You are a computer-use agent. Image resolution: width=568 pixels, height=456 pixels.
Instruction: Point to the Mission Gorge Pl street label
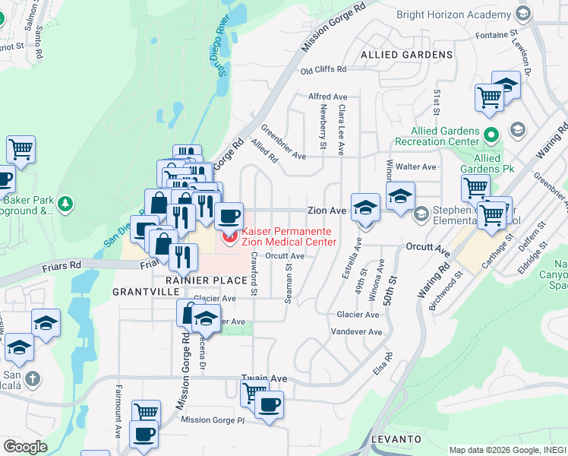[214, 420]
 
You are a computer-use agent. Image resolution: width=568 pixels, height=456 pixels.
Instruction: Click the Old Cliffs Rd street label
[323, 70]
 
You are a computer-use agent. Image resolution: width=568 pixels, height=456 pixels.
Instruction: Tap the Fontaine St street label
[496, 36]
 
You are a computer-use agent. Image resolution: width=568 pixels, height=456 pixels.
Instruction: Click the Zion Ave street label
[327, 210]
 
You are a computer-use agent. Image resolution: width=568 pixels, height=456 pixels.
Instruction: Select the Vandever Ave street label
[357, 332]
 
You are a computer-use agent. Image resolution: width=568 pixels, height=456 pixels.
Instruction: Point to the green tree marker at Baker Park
[66, 203]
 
